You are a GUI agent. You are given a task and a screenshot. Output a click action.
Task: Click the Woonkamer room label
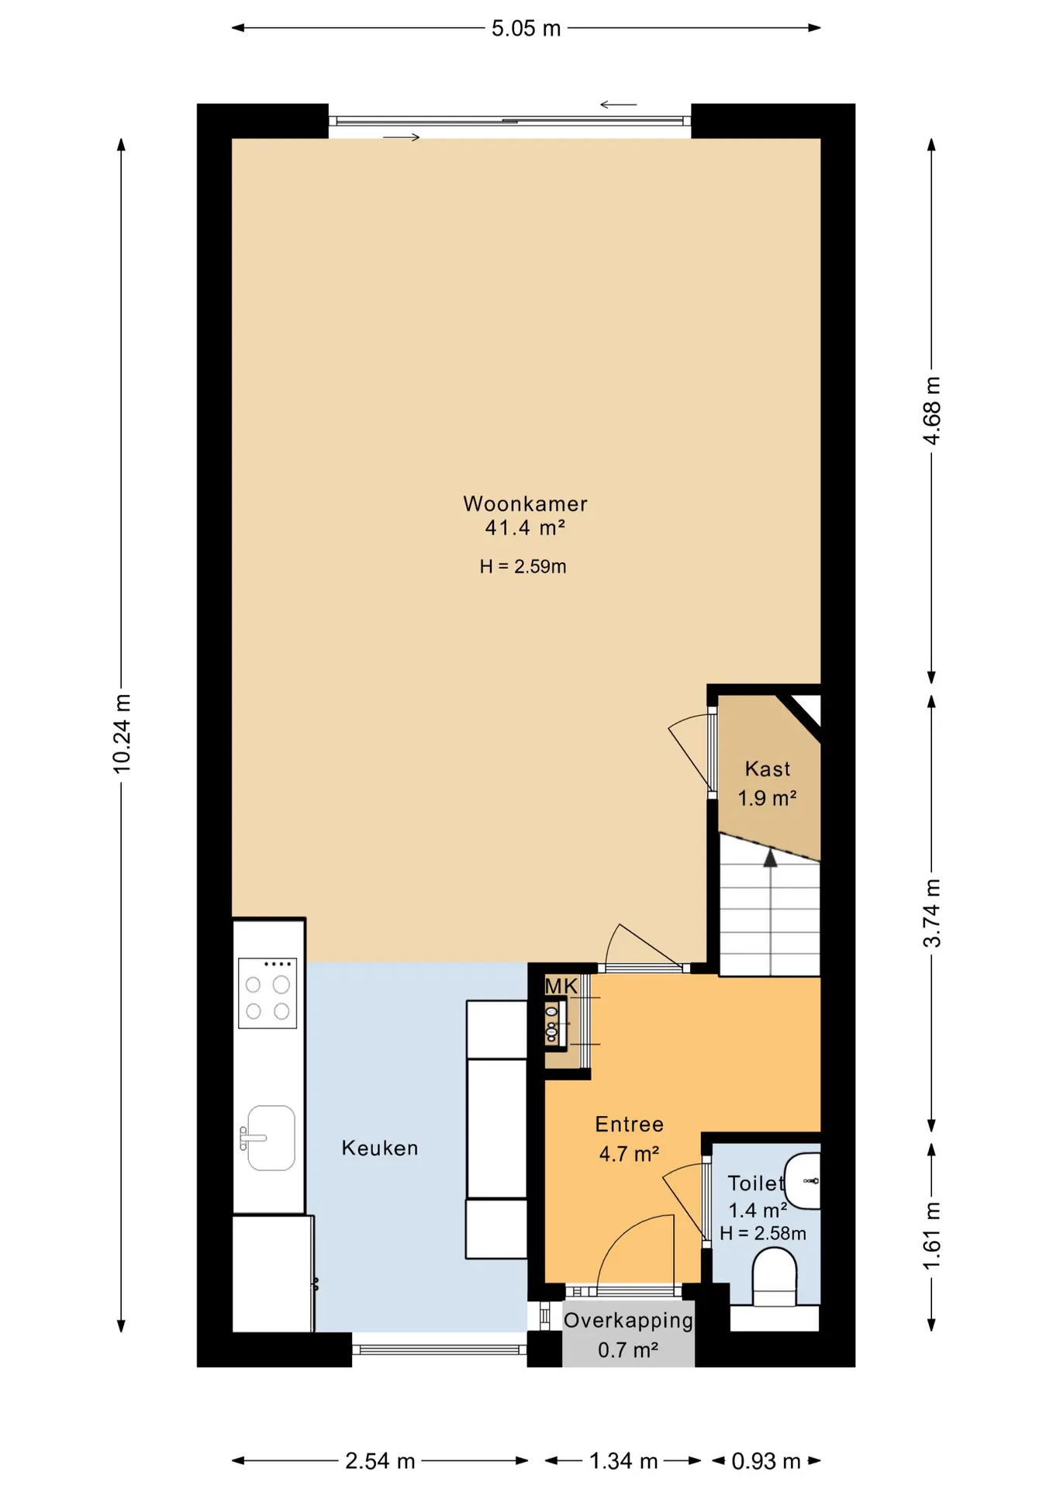(525, 503)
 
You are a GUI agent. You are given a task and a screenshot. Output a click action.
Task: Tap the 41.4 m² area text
(525, 528)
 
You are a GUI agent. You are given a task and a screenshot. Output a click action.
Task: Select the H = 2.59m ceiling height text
(523, 567)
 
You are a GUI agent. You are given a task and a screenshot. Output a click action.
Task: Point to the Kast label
(768, 769)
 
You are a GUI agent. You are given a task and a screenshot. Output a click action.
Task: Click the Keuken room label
(380, 1148)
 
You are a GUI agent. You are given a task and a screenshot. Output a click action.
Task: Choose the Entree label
(630, 1124)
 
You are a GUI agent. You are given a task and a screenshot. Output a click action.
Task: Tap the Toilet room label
(756, 1183)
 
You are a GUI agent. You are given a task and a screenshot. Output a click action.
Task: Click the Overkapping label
(628, 1321)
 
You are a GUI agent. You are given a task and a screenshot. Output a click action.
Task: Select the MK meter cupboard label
(561, 986)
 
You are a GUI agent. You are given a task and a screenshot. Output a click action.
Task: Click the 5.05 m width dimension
(526, 29)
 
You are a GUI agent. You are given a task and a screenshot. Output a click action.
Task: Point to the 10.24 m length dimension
(122, 734)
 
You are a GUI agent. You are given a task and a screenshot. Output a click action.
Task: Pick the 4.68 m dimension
(931, 410)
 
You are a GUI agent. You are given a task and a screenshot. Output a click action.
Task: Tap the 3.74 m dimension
(931, 913)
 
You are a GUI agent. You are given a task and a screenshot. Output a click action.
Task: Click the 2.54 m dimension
(380, 1461)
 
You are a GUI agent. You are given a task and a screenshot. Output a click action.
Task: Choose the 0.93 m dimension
(766, 1461)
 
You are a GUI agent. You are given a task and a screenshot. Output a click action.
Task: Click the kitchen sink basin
(271, 1138)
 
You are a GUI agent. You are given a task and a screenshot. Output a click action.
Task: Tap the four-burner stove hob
(268, 993)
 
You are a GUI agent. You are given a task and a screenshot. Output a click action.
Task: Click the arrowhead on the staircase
(770, 858)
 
